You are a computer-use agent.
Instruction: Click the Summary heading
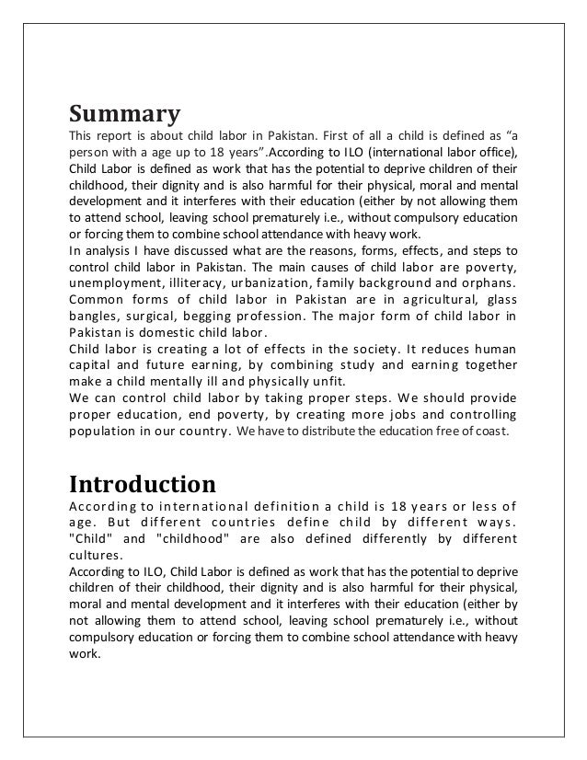point(124,116)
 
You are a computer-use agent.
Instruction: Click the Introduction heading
point(143,483)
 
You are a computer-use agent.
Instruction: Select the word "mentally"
point(185,385)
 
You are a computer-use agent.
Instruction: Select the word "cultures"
point(97,556)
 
